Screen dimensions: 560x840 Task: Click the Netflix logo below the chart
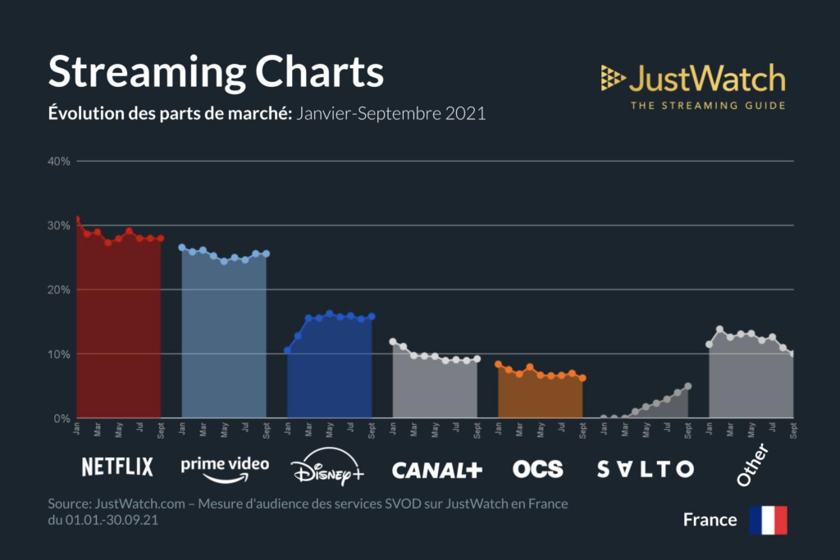coord(117,467)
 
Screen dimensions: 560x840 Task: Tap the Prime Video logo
coord(224,468)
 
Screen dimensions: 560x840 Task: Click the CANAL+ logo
coord(436,470)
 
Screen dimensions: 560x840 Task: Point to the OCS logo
coord(538,469)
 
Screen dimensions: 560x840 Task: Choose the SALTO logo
coord(645,469)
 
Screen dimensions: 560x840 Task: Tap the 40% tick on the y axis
coord(59,161)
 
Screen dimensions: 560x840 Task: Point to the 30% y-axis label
coord(59,225)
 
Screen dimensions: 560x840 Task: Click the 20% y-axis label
coord(59,289)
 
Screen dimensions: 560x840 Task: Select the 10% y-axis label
coord(59,354)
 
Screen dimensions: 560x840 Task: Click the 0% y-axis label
coord(62,418)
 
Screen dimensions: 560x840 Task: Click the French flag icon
coord(768,520)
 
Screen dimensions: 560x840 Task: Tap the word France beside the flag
coord(710,520)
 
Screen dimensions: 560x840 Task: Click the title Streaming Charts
coord(216,72)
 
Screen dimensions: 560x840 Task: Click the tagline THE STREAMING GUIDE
coord(707,105)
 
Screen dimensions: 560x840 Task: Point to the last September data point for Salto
coord(688,386)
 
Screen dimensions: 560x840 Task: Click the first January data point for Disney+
coord(287,350)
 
